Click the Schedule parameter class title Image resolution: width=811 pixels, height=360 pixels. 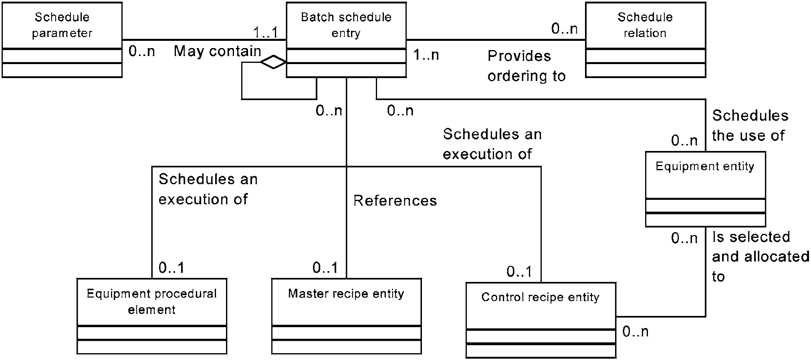[x=62, y=25]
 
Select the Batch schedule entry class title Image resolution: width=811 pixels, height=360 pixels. [x=346, y=25]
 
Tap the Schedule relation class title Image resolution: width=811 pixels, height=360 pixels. [x=645, y=25]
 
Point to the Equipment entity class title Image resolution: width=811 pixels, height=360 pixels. [x=705, y=166]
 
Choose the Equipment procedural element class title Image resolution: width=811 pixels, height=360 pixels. [x=152, y=302]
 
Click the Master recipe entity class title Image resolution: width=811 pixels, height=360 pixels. [x=346, y=294]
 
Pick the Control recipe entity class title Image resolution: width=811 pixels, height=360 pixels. [x=541, y=297]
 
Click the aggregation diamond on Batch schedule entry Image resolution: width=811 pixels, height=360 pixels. [x=273, y=62]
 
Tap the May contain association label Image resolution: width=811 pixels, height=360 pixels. [x=218, y=51]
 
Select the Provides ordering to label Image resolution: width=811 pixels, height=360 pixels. [x=527, y=66]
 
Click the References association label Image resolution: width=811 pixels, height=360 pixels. [x=395, y=201]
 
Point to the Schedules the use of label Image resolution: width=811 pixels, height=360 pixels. [x=750, y=125]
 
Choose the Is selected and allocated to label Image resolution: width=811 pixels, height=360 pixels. [x=761, y=257]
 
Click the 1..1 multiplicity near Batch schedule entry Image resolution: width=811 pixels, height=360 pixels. [x=265, y=32]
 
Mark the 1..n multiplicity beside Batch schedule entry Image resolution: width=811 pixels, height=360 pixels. [x=426, y=54]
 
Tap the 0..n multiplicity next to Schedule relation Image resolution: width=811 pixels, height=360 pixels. [x=565, y=28]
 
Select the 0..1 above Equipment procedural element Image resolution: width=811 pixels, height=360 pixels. [x=171, y=267]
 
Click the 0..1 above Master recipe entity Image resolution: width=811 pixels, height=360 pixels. [x=325, y=267]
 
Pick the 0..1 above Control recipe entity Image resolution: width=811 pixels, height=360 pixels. [x=519, y=272]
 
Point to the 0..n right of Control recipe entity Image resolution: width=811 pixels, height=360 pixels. [x=635, y=331]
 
